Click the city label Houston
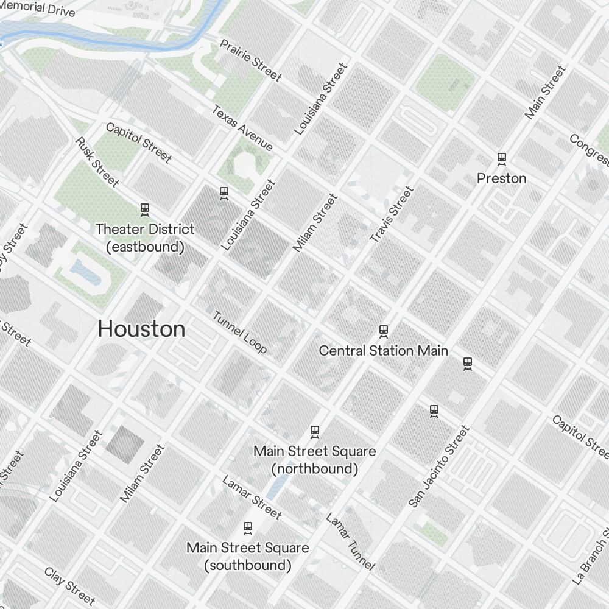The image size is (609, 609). [x=141, y=329]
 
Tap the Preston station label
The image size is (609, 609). [x=501, y=178]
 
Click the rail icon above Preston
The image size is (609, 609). [x=502, y=159]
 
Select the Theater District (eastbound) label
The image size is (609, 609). [x=145, y=238]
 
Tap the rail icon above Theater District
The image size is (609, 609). [x=145, y=209]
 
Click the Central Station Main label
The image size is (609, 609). [x=384, y=351]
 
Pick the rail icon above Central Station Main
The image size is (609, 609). [x=384, y=331]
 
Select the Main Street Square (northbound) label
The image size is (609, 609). [x=314, y=460]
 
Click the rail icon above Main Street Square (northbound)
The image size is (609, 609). [x=315, y=432]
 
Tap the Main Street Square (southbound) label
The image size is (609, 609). [x=247, y=556]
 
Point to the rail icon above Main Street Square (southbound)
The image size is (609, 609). [x=247, y=527]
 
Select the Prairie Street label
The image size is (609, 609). [x=250, y=60]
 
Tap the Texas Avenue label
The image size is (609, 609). [x=242, y=128]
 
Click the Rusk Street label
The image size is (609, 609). [x=97, y=161]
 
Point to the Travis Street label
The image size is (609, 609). [x=392, y=215]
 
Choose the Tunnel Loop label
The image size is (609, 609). [x=239, y=332]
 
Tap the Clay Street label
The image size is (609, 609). [x=69, y=586]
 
